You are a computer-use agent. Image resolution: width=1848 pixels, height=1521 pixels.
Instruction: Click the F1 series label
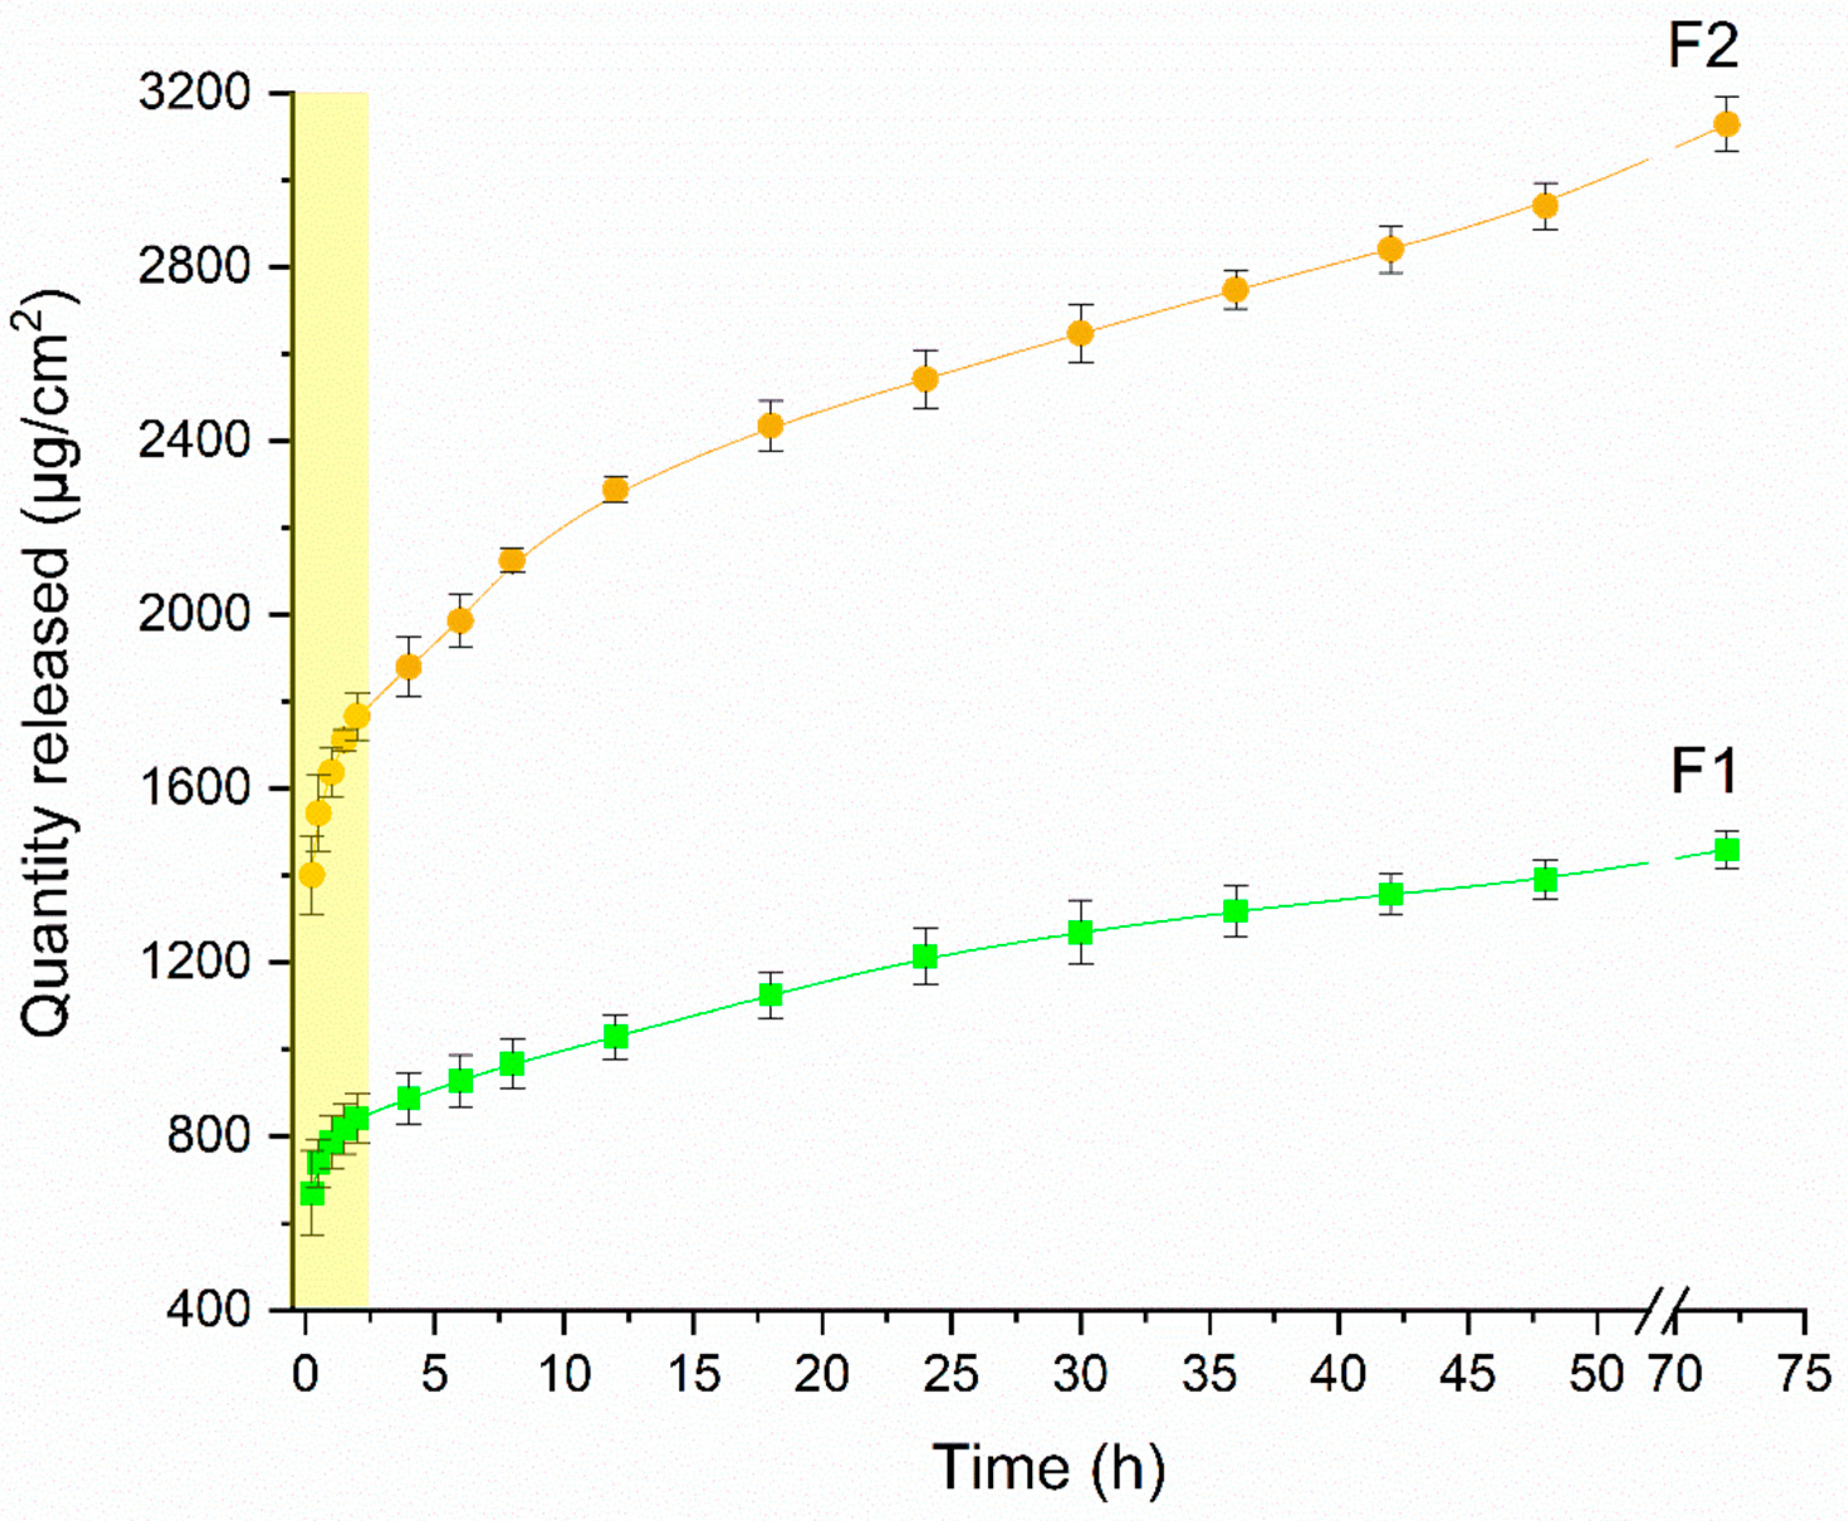(x=1702, y=771)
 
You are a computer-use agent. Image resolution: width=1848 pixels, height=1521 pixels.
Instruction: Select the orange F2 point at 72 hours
(x=1726, y=124)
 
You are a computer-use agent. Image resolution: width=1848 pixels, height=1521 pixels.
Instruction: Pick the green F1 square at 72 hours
(x=1726, y=850)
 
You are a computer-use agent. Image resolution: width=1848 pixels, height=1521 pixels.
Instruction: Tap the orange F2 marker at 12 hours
(x=615, y=489)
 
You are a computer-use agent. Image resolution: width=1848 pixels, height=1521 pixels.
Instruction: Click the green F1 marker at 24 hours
(x=925, y=956)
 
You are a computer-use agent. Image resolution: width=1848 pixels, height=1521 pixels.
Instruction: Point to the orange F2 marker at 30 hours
(x=1080, y=333)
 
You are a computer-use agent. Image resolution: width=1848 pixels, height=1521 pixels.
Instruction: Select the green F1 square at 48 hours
(x=1546, y=879)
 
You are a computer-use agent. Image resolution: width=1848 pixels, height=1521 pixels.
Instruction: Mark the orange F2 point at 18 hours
(x=770, y=426)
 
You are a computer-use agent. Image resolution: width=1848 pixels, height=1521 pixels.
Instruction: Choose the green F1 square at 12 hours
(x=615, y=1036)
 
